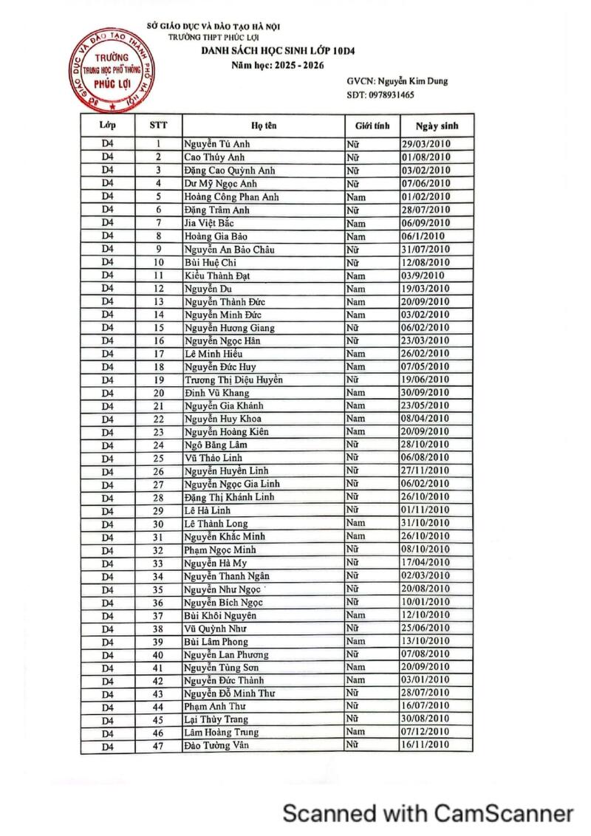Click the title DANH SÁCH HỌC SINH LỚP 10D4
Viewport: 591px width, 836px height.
coord(269,51)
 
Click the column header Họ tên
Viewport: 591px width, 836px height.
coord(264,126)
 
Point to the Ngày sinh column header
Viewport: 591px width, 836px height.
coord(437,126)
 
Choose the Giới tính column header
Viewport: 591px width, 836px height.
coord(372,126)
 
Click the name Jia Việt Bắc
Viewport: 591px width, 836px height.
coord(209,223)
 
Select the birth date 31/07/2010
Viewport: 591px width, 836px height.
coord(426,250)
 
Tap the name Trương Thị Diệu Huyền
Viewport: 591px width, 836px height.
coord(233,380)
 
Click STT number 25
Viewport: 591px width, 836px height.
coord(158,459)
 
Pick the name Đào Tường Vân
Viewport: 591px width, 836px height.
coord(216,746)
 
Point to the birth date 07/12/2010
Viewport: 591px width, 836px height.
coord(426,732)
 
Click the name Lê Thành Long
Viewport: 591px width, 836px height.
coord(216,524)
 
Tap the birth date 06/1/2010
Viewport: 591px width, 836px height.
coord(423,236)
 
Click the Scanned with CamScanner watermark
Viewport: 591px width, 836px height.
coord(428,813)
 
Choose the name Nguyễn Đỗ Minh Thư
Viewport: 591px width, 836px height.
coord(229,693)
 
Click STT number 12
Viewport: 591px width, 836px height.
coord(158,289)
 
